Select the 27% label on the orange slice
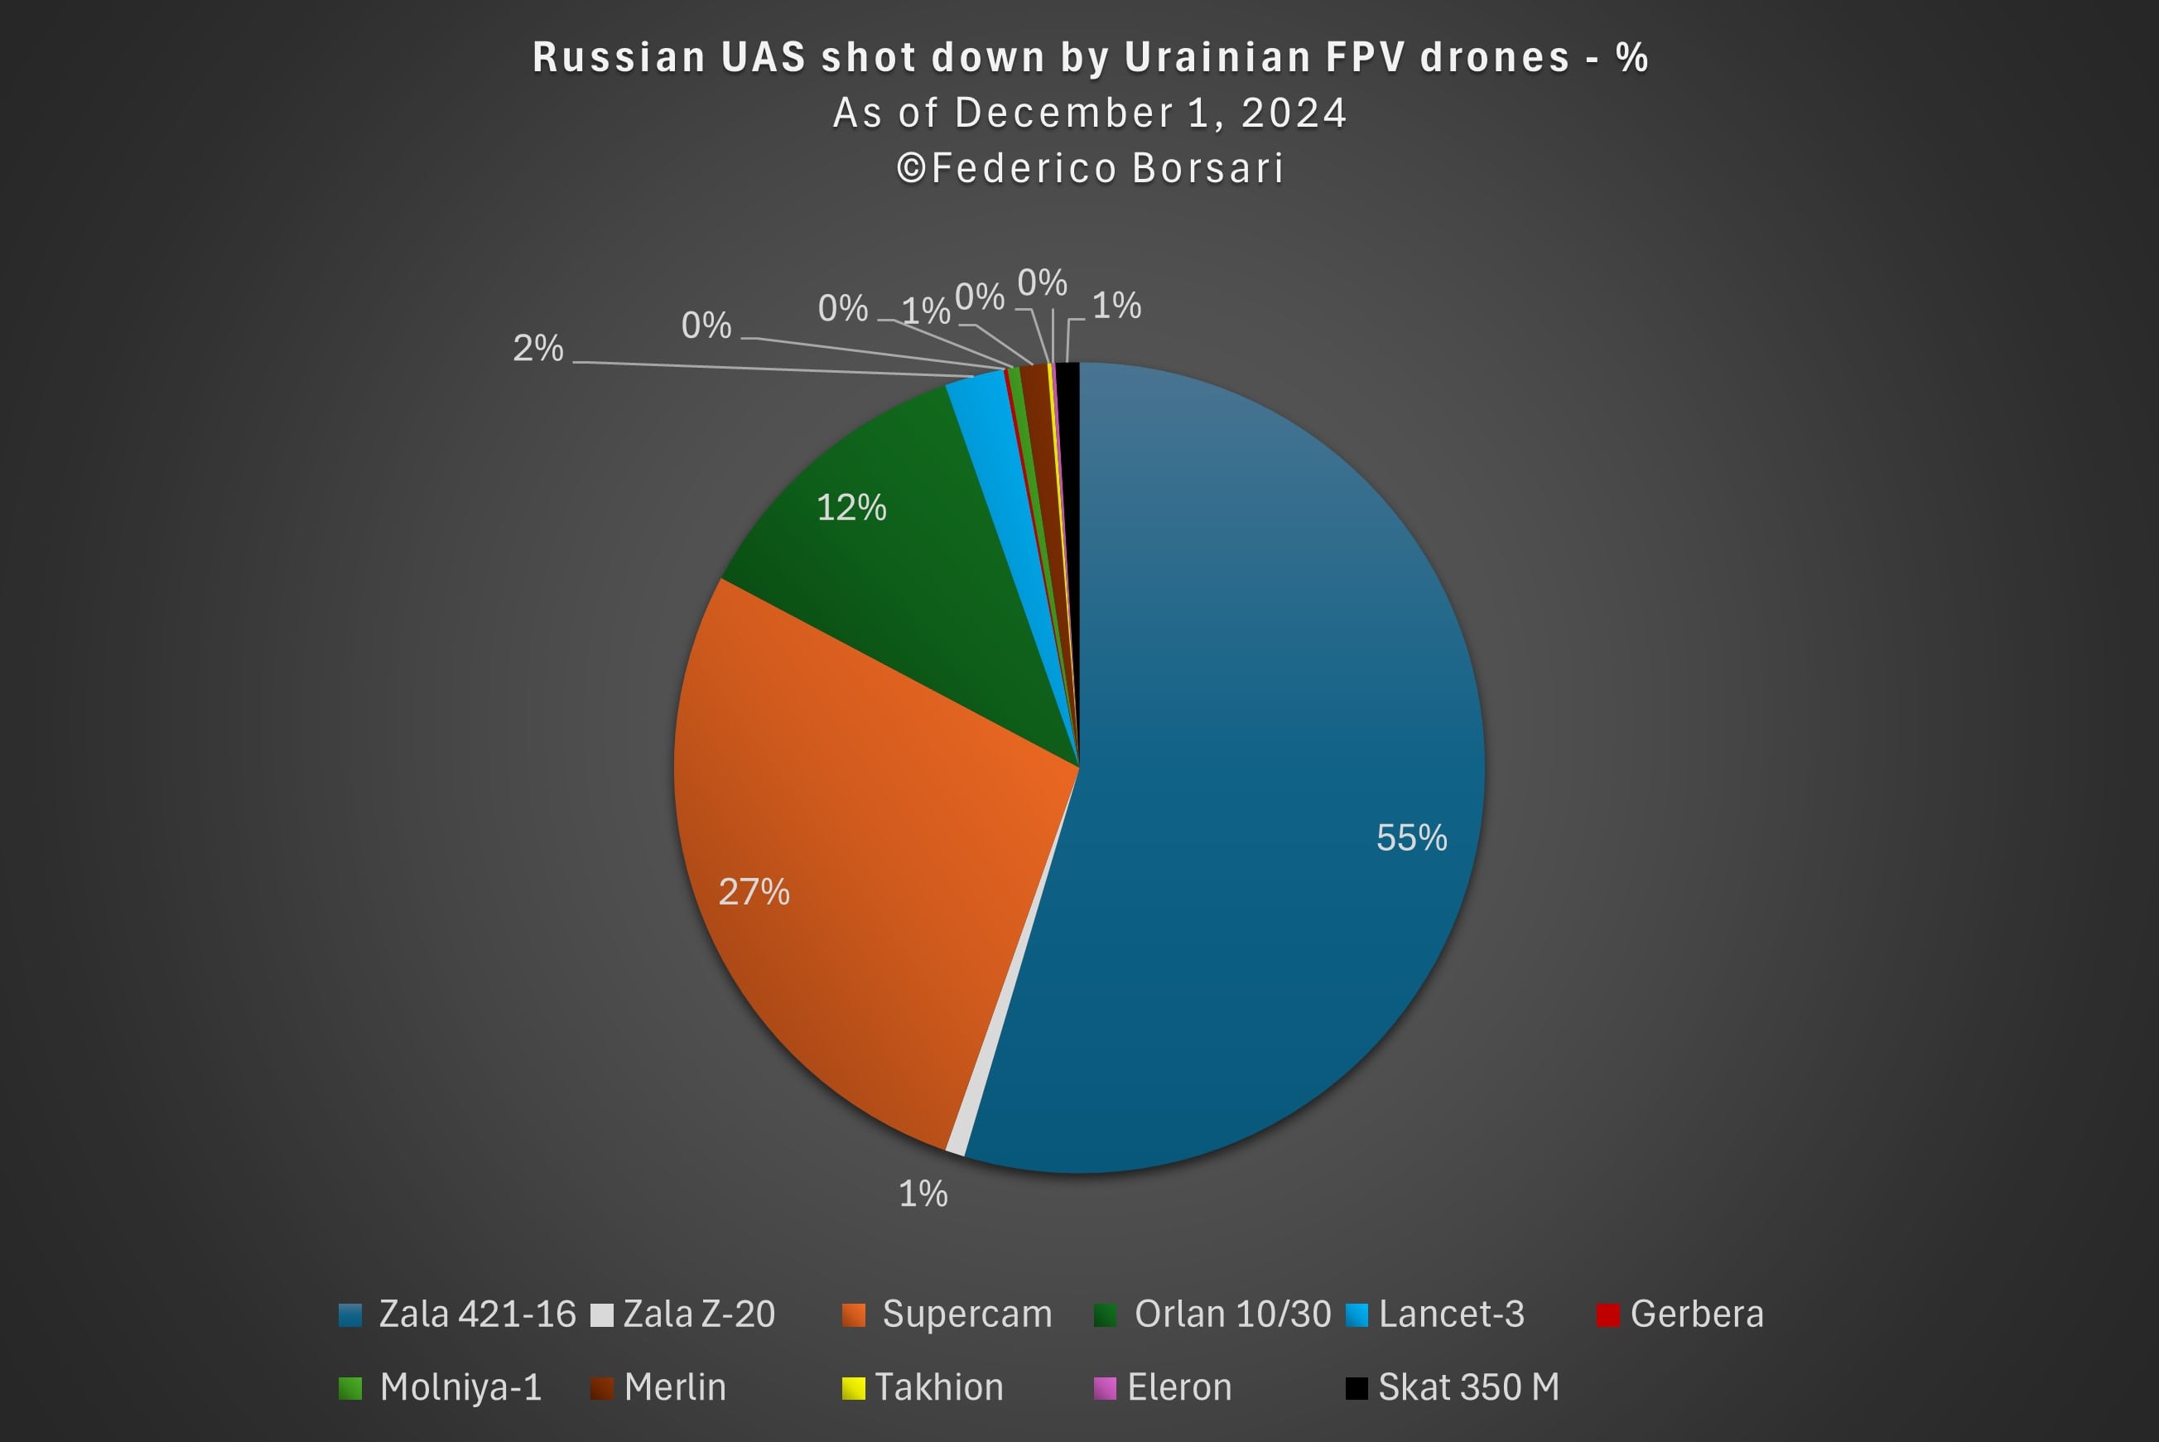tap(754, 892)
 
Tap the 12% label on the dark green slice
tap(851, 508)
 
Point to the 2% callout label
tap(538, 349)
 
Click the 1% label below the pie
tap(923, 1194)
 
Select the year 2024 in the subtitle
tap(1294, 113)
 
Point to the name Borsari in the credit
tap(1207, 168)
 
